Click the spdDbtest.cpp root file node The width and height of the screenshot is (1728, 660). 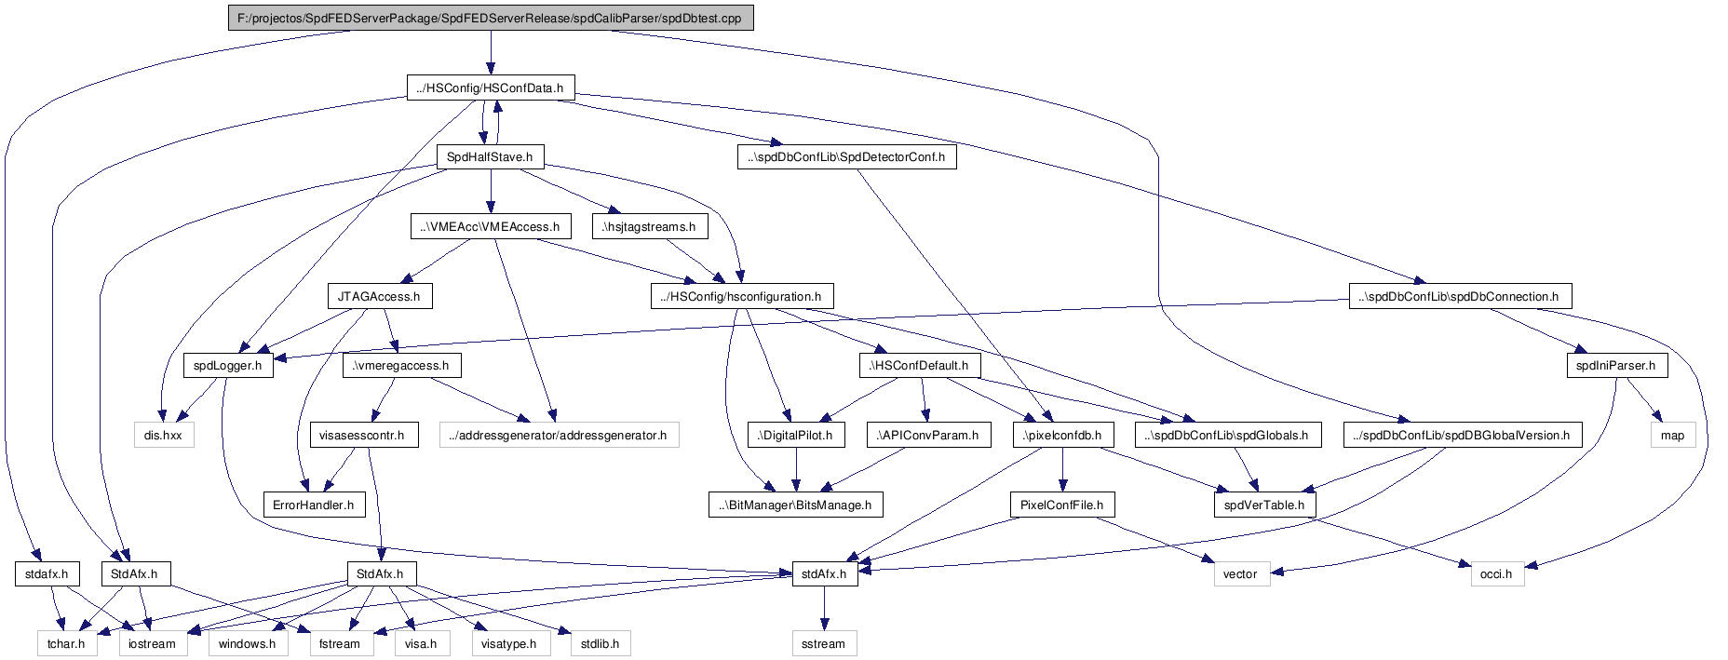coord(491,18)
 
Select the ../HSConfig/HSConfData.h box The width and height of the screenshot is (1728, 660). coord(491,88)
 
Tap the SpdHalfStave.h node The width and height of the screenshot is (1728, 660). coord(490,156)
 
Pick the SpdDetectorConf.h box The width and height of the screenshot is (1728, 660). coord(846,156)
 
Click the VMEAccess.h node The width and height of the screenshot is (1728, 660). coord(490,226)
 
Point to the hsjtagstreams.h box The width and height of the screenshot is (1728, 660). coord(649,226)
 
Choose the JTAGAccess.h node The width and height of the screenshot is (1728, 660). coord(379,296)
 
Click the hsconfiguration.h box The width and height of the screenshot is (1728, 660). coord(740,296)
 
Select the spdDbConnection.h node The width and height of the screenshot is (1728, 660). coord(1460,296)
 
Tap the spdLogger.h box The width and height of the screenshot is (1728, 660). coord(228,365)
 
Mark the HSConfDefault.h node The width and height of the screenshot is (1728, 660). coord(919,365)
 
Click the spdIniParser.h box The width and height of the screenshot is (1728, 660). coord(1616,365)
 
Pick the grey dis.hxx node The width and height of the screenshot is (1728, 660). coord(163,435)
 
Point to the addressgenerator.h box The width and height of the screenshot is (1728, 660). coord(559,435)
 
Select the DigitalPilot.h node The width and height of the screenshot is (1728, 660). coord(795,435)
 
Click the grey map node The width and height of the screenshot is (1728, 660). coord(1673,435)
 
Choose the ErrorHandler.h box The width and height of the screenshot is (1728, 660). coord(314,505)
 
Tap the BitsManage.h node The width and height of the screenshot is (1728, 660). coord(795,505)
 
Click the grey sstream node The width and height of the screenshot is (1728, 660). coord(824,643)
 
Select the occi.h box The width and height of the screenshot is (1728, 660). coord(1496,573)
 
